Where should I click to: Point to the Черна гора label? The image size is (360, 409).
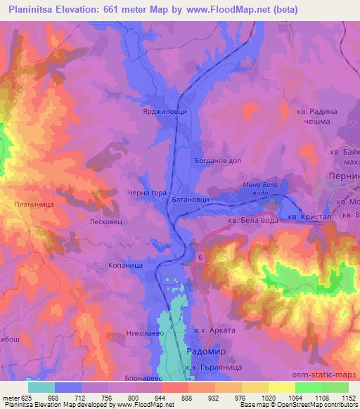coord(146,195)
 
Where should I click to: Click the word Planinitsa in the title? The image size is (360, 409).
coord(35,10)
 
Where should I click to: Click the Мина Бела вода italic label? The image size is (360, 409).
coord(261,188)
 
